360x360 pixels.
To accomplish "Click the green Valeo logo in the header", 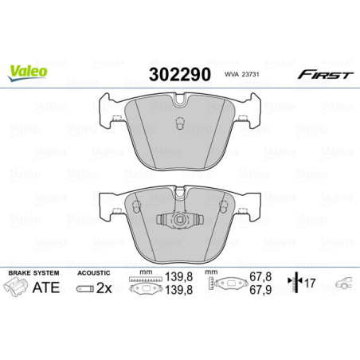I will tap(28, 71).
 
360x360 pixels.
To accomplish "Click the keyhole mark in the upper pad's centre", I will tap(180, 121).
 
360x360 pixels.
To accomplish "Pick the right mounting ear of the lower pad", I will tap(252, 209).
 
